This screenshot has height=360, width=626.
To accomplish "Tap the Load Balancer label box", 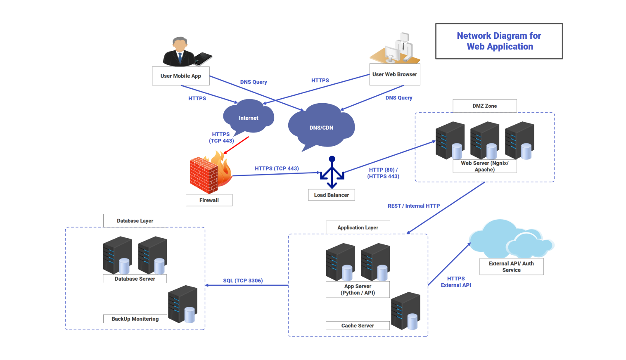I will tap(331, 195).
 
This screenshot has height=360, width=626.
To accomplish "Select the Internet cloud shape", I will tap(249, 117).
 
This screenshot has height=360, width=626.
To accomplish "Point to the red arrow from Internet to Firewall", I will tap(236, 145).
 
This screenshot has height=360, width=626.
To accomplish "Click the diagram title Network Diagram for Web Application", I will tap(499, 41).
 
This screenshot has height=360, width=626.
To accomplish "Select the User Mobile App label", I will tap(180, 76).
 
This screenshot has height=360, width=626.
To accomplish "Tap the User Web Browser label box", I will tap(394, 74).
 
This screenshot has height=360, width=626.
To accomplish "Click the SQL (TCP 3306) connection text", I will tap(243, 281).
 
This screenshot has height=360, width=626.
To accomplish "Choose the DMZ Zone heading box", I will tap(484, 106).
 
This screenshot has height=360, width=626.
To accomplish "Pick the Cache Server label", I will tap(358, 326).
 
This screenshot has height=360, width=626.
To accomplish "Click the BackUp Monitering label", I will tap(135, 319).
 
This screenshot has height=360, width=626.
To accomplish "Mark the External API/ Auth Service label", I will tap(511, 267).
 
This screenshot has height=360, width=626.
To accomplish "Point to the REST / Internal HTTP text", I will tap(413, 206).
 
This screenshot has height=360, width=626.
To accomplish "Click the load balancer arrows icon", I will tap(332, 172).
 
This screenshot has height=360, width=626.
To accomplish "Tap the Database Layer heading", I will tap(135, 221).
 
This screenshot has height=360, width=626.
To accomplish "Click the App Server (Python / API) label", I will tap(358, 289).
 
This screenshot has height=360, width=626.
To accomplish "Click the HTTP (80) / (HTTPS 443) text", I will tap(383, 173).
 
